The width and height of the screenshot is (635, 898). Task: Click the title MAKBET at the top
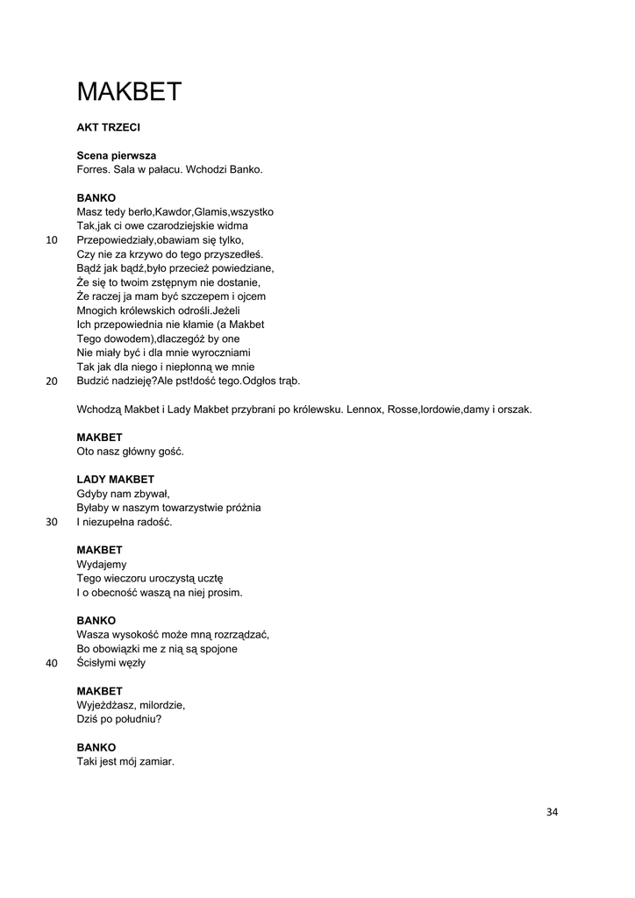[x=129, y=91]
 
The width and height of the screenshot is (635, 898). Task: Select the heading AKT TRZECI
[x=109, y=127]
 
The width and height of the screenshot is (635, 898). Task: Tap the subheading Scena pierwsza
[x=117, y=155]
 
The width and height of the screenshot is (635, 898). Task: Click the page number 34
[x=552, y=811]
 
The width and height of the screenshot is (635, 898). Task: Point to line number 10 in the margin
[x=51, y=240]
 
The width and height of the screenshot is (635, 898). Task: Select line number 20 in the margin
[x=51, y=381]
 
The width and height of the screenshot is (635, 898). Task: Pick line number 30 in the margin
[x=51, y=523]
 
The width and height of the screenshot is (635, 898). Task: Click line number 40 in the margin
[x=51, y=664]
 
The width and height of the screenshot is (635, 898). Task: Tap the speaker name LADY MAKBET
[x=116, y=480]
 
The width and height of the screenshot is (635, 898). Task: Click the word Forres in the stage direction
[x=95, y=169]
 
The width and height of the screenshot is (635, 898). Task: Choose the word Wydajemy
[x=102, y=565]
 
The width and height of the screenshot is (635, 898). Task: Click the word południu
[x=139, y=719]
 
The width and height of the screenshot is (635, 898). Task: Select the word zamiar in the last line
[x=158, y=762]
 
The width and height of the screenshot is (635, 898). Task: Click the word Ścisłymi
[x=98, y=663]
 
